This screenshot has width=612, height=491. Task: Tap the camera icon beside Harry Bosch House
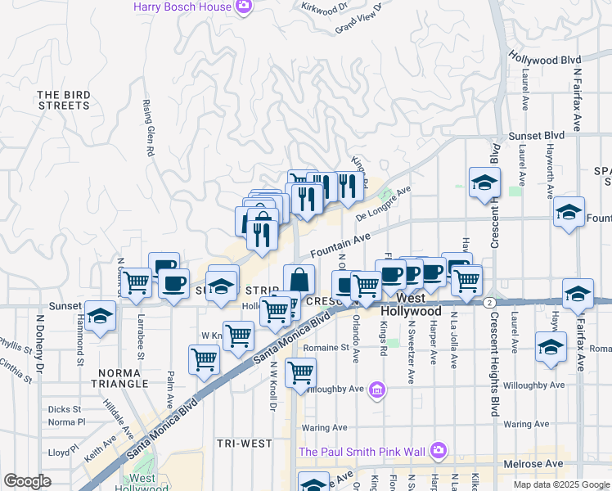click(243, 7)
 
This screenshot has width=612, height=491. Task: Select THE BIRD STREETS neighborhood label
click(63, 100)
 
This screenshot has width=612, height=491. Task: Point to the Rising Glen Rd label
click(150, 128)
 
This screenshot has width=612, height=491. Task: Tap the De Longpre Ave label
click(383, 205)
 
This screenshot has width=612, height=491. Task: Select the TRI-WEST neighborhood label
click(244, 443)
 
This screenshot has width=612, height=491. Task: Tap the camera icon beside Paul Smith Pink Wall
click(439, 451)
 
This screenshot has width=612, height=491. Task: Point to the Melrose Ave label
click(533, 464)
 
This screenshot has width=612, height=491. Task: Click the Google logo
click(28, 480)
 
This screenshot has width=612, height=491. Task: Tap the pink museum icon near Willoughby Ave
click(376, 390)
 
